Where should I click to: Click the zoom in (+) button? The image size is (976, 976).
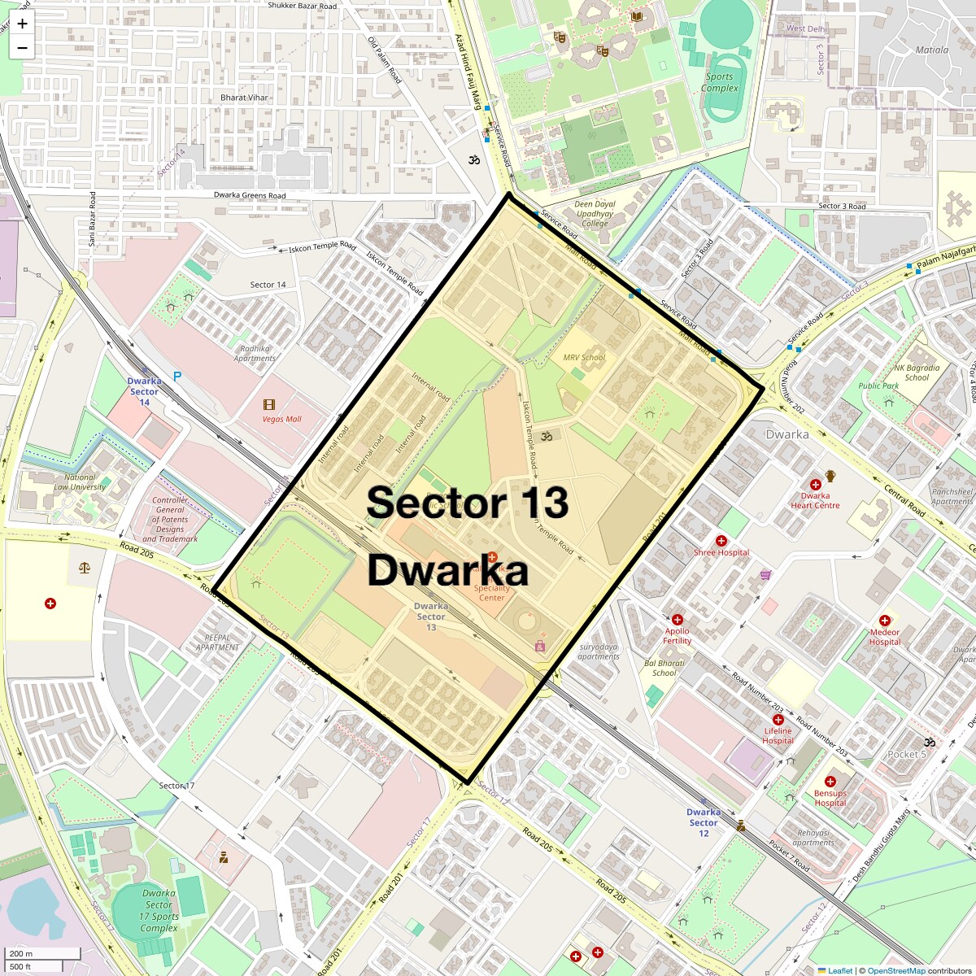[x=22, y=24]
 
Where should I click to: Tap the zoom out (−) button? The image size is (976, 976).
[x=22, y=47]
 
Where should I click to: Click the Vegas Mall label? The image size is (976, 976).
[x=281, y=419]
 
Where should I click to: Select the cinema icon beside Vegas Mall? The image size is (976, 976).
[x=269, y=404]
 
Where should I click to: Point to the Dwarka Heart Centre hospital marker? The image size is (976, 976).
[x=815, y=485]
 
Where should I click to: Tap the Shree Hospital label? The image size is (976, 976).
[x=721, y=552]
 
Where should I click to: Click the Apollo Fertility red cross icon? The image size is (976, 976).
[x=678, y=620]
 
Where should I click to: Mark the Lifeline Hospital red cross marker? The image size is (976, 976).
[x=778, y=720]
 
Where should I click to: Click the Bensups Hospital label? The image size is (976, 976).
[x=830, y=798]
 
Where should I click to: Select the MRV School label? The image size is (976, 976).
[x=584, y=357]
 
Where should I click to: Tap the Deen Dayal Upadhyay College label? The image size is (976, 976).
[x=595, y=214]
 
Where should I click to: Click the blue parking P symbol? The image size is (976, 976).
[x=176, y=377]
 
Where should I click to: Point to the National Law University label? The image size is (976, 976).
[x=80, y=482]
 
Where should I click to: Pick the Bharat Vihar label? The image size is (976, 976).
[x=244, y=98]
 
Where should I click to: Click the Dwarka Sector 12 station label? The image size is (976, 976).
[x=703, y=822]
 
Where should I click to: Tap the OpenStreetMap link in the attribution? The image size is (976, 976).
[x=895, y=970]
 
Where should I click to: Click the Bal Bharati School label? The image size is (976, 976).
[x=664, y=668]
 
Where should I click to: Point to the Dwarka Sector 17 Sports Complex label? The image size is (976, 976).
[x=159, y=910]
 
